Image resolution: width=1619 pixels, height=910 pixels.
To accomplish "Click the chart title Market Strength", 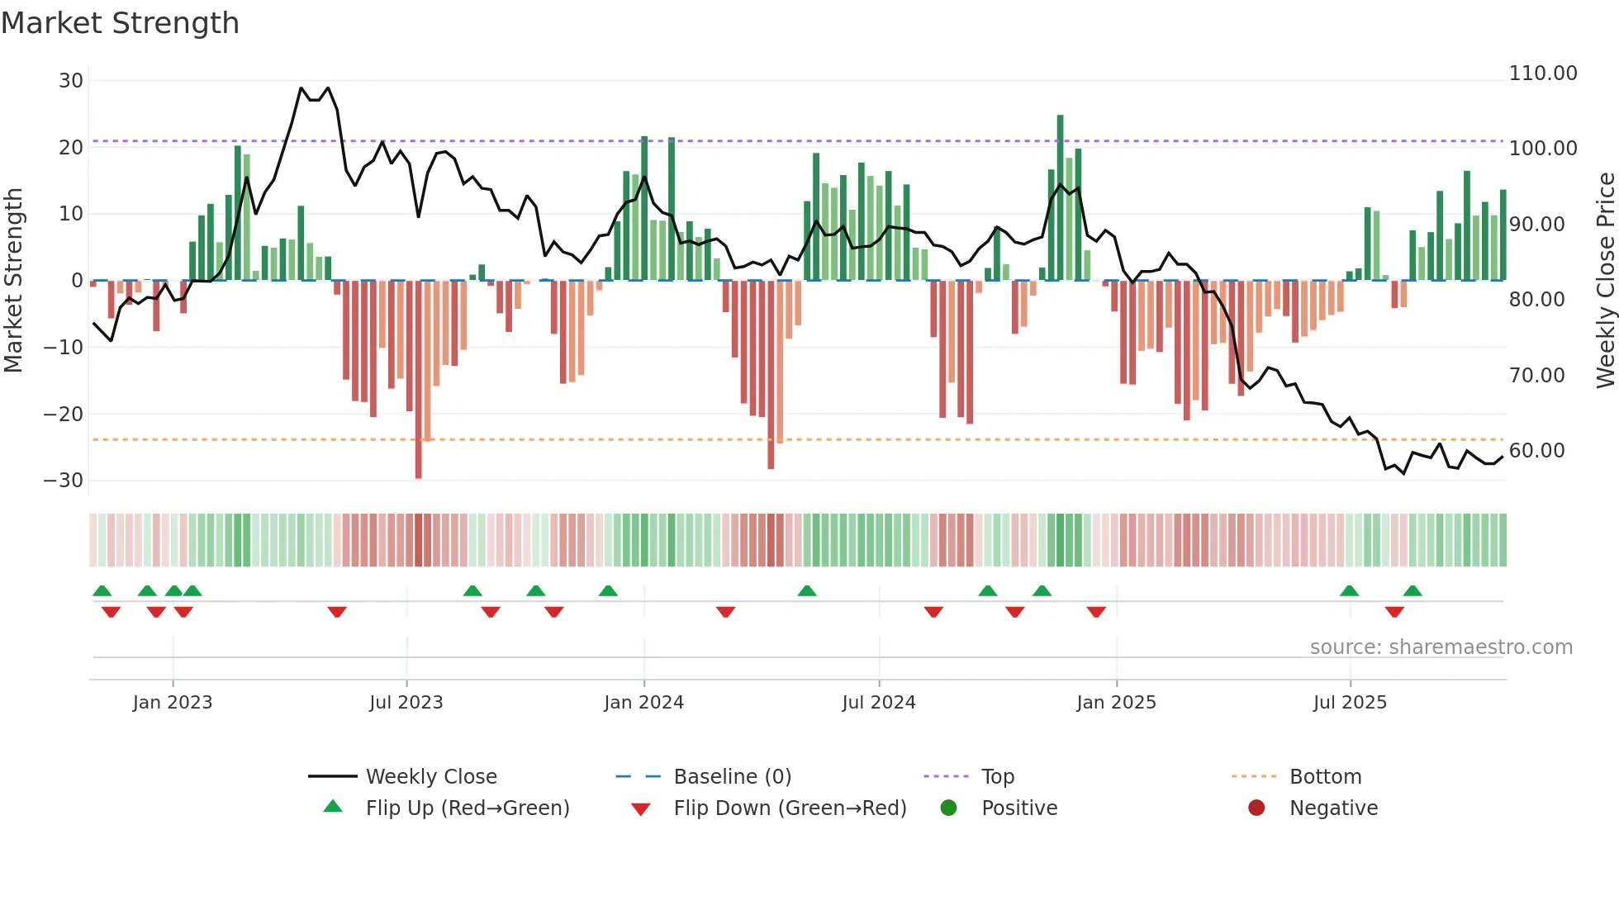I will pos(120,23).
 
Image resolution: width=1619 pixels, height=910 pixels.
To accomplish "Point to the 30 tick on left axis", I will pos(71,81).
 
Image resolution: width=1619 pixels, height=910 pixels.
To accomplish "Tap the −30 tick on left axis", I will pos(64,481).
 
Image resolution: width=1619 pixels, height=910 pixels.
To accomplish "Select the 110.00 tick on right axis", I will pos(1542,73).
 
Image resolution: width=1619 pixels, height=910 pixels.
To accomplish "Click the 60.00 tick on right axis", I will pos(1536,451).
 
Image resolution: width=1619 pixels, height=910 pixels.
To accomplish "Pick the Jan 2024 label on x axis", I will pos(643,703).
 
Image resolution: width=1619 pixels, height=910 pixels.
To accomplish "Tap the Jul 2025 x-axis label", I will pos(1350,703).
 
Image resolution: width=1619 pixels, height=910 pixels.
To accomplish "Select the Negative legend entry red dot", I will pos(1256,808).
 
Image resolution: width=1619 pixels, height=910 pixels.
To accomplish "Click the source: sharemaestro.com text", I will pos(1441,647).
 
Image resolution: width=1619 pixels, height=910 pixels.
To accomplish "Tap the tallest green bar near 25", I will pos(1060,198).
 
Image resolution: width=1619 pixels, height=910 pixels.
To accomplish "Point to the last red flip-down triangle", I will pos(1394,612).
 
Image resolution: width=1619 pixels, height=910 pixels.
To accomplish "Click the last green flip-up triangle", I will pos(1412,590).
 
